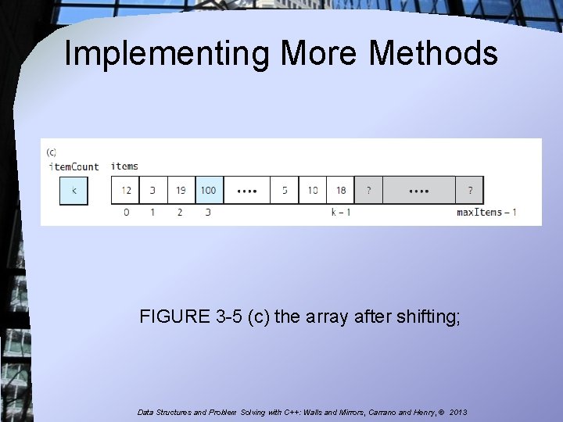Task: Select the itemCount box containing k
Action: click(x=74, y=191)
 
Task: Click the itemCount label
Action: click(x=74, y=166)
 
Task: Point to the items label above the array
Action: click(x=124, y=166)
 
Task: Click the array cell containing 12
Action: click(x=126, y=191)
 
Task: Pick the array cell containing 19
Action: click(x=181, y=191)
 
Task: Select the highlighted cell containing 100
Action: click(x=209, y=191)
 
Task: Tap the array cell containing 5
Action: click(x=285, y=191)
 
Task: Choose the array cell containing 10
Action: click(x=313, y=191)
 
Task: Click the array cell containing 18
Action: click(x=341, y=191)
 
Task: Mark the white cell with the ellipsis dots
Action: click(x=246, y=191)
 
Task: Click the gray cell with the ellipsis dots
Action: click(x=418, y=191)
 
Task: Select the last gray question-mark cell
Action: click(x=470, y=191)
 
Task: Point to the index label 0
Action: click(x=126, y=213)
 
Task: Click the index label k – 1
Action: click(x=340, y=213)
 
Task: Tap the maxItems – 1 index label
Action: click(x=486, y=213)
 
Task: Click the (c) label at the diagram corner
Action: click(x=52, y=152)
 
